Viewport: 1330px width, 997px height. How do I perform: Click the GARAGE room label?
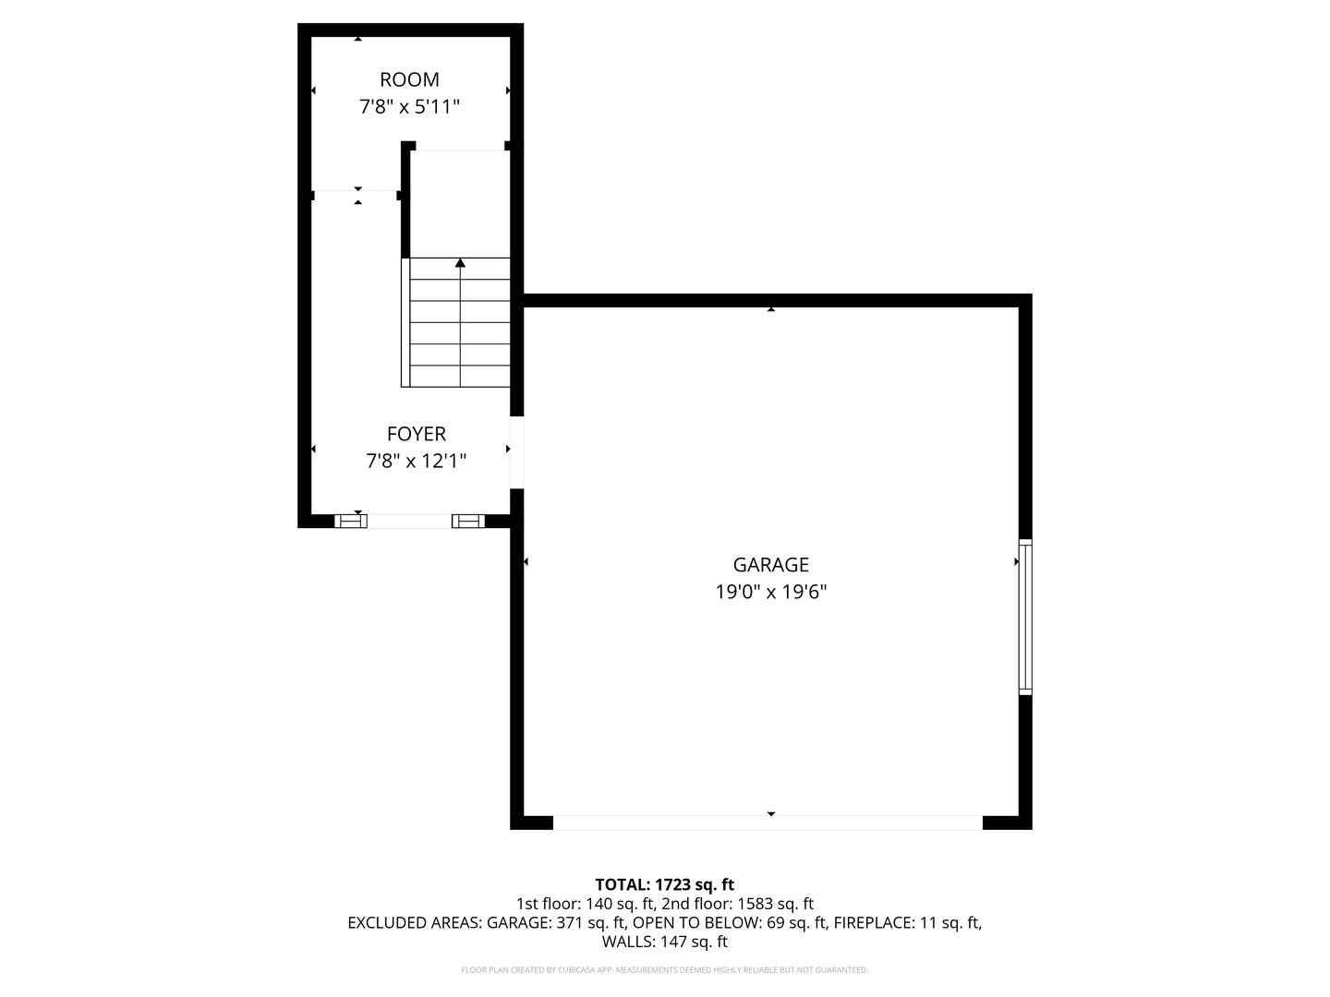coord(770,565)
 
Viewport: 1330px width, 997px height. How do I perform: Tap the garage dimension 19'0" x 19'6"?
coord(770,592)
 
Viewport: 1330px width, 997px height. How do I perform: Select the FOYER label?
coord(416,434)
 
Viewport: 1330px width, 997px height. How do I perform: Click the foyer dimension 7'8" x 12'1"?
coord(416,461)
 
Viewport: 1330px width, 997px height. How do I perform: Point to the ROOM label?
coord(409,80)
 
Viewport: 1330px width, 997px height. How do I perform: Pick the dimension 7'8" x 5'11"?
coord(409,107)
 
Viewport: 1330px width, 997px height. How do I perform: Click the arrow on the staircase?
coord(460,264)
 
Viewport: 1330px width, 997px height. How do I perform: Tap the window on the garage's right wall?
coord(1024,617)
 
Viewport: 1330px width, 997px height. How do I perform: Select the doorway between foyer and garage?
coord(516,452)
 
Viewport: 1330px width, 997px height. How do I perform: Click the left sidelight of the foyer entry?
coord(350,522)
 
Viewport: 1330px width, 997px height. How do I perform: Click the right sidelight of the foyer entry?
coord(468,522)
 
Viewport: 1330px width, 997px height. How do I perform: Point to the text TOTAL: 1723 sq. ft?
coord(664,884)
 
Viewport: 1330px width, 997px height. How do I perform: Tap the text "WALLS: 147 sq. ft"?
coord(664,942)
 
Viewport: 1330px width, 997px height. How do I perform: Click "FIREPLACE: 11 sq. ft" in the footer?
coord(908,922)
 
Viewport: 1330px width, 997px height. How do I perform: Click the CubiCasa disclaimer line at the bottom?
coord(664,970)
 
